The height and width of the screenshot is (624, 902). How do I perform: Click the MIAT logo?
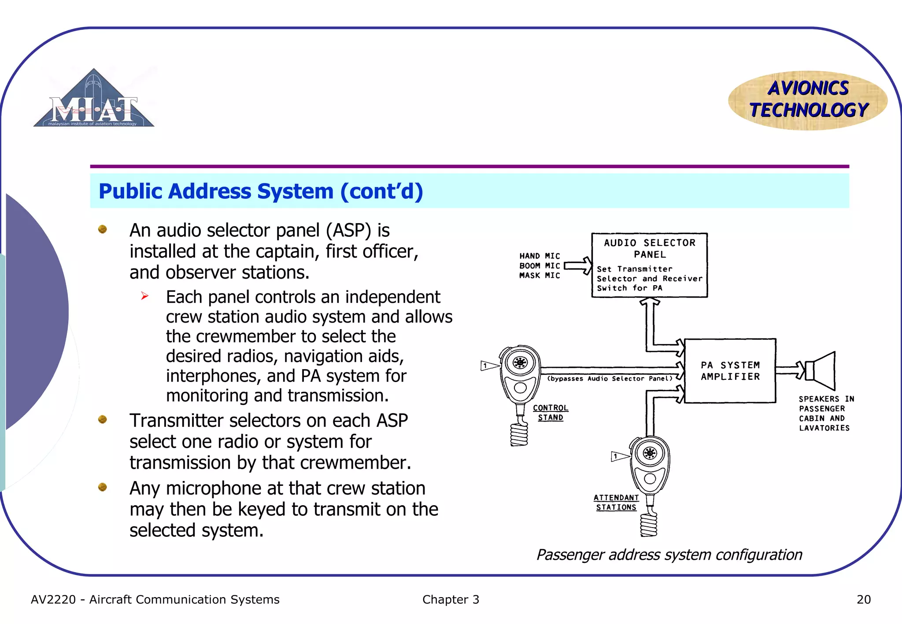pos(94,100)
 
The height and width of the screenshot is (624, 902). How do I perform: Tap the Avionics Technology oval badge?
pos(808,100)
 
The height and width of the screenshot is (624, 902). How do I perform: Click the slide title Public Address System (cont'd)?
pos(261,191)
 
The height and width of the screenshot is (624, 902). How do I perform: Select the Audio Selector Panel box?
pos(649,265)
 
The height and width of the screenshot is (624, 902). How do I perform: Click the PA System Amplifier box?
pos(730,371)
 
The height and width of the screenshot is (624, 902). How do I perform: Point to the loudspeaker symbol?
pos(821,371)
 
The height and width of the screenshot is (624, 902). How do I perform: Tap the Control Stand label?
pos(551,413)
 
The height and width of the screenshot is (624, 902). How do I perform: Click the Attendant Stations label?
pos(616,502)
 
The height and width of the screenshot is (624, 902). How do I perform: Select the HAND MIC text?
pos(540,256)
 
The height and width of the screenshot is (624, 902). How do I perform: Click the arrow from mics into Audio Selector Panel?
pos(578,265)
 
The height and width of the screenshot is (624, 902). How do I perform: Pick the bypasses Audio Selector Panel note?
pos(610,378)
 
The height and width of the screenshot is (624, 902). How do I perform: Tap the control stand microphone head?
pos(520,363)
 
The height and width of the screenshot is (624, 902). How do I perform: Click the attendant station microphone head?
pos(650,453)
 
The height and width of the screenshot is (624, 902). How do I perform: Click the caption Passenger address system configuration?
pos(669,555)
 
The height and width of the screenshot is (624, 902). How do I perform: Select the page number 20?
pos(863,599)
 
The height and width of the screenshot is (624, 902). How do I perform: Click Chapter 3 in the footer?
pos(451,599)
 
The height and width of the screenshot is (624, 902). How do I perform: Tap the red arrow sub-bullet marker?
pos(145,296)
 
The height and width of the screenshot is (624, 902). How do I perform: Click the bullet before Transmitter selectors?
pos(103,419)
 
